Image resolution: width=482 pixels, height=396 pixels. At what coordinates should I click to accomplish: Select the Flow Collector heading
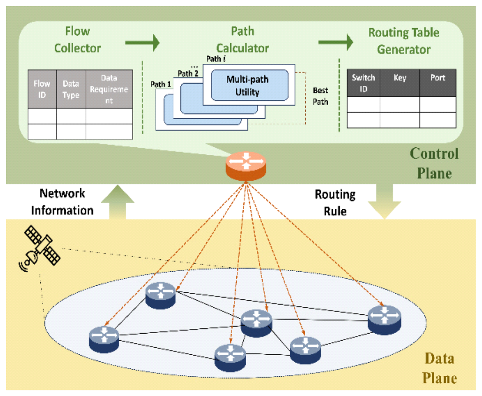pos(78,40)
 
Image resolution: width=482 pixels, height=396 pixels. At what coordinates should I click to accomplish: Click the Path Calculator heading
pos(243,40)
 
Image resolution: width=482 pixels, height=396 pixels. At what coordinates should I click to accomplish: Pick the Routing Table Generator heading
pos(404,41)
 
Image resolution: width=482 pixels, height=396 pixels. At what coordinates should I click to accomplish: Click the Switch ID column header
pos(363,83)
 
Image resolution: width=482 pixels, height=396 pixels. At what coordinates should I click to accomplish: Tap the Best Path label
pos(320,96)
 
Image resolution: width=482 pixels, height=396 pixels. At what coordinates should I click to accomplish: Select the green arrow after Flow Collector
pos(142,44)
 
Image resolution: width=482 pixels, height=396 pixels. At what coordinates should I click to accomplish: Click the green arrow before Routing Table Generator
pos(335,43)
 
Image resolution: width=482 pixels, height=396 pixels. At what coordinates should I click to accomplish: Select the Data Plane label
pos(439,368)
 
